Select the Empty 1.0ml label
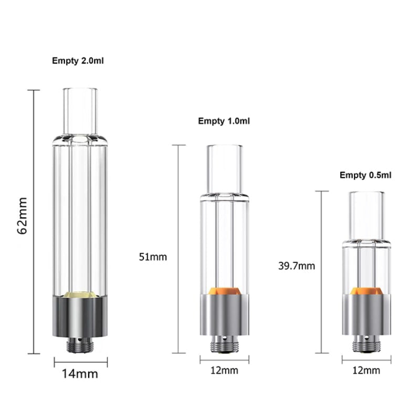pyautogui.click(x=224, y=121)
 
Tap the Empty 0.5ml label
pyautogui.click(x=365, y=175)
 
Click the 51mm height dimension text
pyautogui.click(x=152, y=257)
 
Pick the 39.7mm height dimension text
pyautogui.click(x=297, y=266)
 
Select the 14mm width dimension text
pyautogui.click(x=80, y=374)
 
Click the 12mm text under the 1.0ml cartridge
pyautogui.click(x=224, y=371)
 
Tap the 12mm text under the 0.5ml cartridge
pyautogui.click(x=366, y=371)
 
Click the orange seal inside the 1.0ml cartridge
pyautogui.click(x=224, y=290)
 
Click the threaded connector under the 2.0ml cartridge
pyautogui.click(x=80, y=344)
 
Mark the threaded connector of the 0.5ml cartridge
pyautogui.click(x=366, y=344)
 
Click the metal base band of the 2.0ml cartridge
pyautogui.click(x=80, y=318)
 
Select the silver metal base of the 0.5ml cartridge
pyautogui.click(x=366, y=315)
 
